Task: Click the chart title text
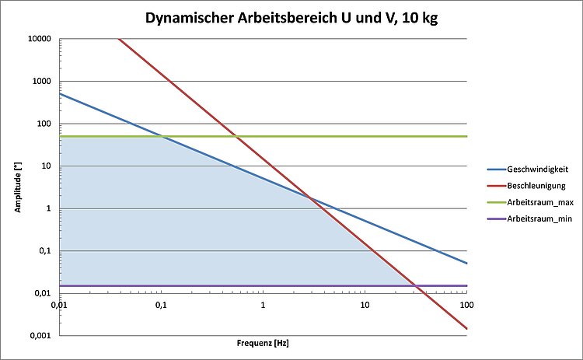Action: [291, 18]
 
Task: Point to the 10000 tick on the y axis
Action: [39, 39]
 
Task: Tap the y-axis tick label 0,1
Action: [46, 250]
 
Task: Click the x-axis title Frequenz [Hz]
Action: [263, 343]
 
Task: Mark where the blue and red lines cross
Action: [311, 198]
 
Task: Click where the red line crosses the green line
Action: [236, 136]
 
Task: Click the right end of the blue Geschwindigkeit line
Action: [466, 263]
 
